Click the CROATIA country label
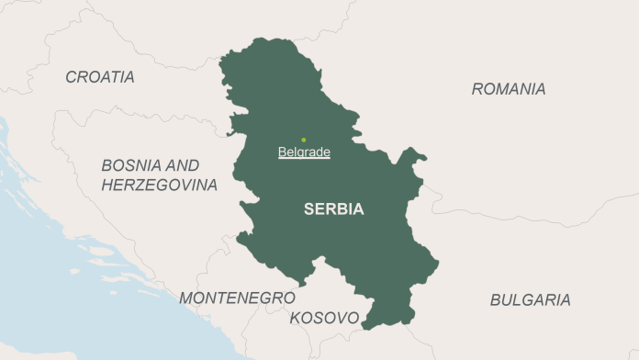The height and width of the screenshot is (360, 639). [99, 77]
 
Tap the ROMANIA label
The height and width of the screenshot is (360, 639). [508, 89]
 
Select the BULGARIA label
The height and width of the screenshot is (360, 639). [530, 299]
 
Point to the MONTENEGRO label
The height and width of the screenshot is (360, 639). [237, 298]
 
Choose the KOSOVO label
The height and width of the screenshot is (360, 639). [324, 318]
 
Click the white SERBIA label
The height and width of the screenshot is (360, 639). [333, 209]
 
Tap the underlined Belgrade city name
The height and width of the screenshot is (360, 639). [304, 152]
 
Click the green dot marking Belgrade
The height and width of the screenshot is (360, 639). [304, 141]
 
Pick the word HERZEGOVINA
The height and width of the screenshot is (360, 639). [160, 186]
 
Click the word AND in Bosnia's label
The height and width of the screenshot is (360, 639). [183, 166]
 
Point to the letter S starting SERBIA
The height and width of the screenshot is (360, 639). [308, 209]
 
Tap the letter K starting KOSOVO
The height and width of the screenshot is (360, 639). [295, 318]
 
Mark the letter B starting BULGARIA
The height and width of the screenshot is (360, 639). [495, 299]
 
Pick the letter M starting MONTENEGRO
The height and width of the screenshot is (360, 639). [185, 298]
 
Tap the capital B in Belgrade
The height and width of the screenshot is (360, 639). [282, 152]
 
